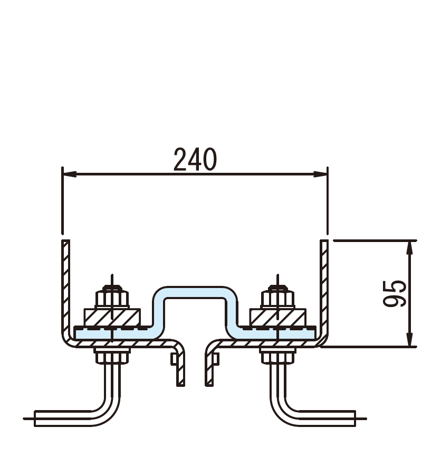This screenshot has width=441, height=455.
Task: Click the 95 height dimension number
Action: click(x=395, y=293)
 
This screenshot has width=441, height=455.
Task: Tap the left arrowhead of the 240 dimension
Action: click(x=70, y=174)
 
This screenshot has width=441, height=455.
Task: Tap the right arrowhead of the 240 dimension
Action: click(x=321, y=174)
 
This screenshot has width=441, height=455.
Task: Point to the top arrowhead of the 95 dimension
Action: click(x=409, y=247)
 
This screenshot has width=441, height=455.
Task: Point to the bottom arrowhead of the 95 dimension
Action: click(x=409, y=339)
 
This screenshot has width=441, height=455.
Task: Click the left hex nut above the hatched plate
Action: click(x=112, y=298)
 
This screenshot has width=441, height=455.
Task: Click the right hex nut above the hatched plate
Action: click(x=277, y=298)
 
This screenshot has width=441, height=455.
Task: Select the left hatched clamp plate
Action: click(x=112, y=318)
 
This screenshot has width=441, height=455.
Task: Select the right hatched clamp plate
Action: click(x=277, y=318)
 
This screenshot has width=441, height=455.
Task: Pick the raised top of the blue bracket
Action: click(x=195, y=292)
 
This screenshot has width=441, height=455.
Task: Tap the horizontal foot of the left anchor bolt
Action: click(x=62, y=419)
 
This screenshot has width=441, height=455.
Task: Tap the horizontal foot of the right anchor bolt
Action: click(x=327, y=419)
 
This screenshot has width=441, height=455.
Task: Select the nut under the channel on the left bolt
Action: click(x=112, y=356)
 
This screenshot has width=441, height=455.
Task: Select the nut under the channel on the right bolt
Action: click(x=277, y=356)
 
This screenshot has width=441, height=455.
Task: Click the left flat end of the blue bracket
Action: click(x=113, y=333)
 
